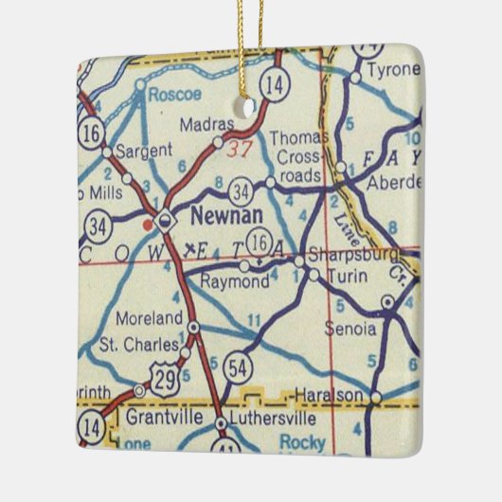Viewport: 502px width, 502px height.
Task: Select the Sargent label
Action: pos(143,150)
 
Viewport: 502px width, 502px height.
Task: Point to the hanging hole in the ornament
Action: pos(250,108)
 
